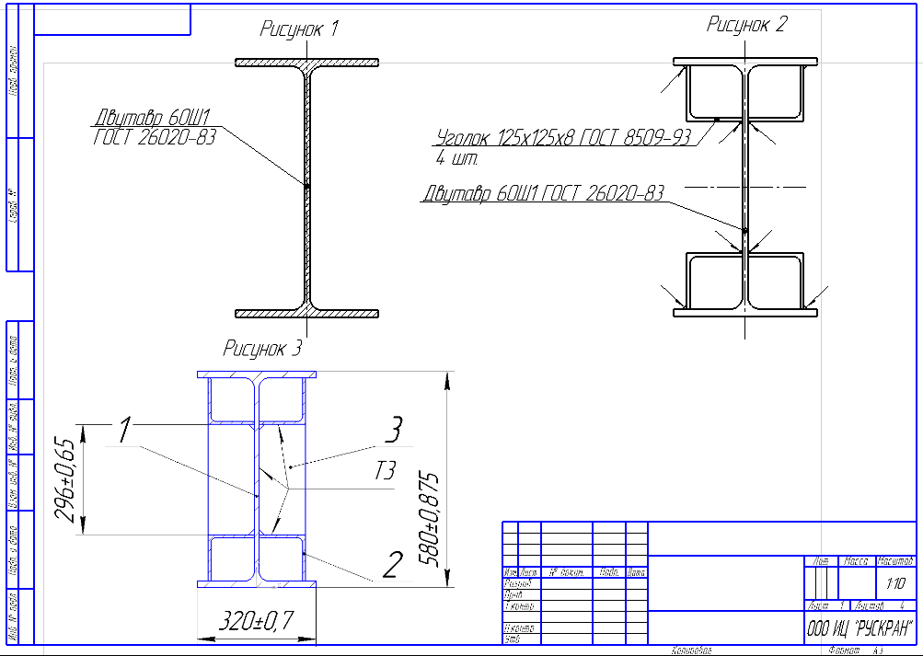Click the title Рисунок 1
click(299, 29)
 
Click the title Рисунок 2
click(746, 25)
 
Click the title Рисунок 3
click(262, 348)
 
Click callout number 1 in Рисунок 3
click(125, 428)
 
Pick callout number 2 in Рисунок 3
click(392, 562)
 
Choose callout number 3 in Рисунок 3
click(393, 429)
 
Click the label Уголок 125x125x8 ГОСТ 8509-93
click(563, 139)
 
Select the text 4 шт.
click(457, 158)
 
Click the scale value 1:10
click(894, 583)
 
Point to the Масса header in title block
click(857, 560)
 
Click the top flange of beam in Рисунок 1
click(306, 63)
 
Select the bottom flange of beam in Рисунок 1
click(306, 313)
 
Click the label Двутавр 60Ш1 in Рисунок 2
click(543, 194)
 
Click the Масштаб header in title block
click(894, 560)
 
